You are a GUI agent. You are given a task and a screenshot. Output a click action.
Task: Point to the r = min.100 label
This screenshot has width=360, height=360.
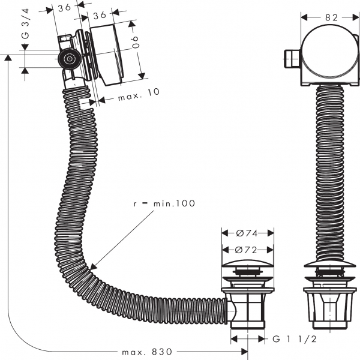[164, 204]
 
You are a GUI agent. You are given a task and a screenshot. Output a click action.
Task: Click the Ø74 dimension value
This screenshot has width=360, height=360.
[247, 233]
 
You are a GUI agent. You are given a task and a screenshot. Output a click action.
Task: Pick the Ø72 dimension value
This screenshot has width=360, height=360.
[247, 248]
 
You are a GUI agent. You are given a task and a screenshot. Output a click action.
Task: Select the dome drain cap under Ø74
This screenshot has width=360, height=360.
[247, 266]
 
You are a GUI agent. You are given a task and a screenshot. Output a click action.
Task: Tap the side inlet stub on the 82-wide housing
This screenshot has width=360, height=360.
[290, 58]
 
